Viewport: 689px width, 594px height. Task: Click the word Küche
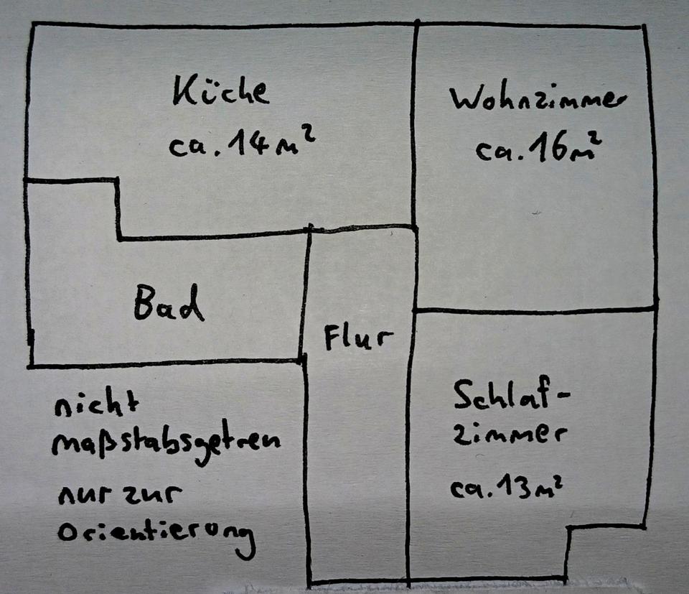(221, 93)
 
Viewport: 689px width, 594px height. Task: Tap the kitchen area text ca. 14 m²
(242, 146)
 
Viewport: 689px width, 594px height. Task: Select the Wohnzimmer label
(535, 99)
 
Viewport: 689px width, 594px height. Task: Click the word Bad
(169, 305)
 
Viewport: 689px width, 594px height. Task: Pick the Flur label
(358, 338)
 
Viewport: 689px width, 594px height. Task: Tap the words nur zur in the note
(121, 496)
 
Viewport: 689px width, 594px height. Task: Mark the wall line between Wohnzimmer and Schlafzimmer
(535, 310)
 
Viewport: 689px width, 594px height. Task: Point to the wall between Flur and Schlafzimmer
(411, 445)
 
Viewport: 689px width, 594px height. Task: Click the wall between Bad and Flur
(304, 294)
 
